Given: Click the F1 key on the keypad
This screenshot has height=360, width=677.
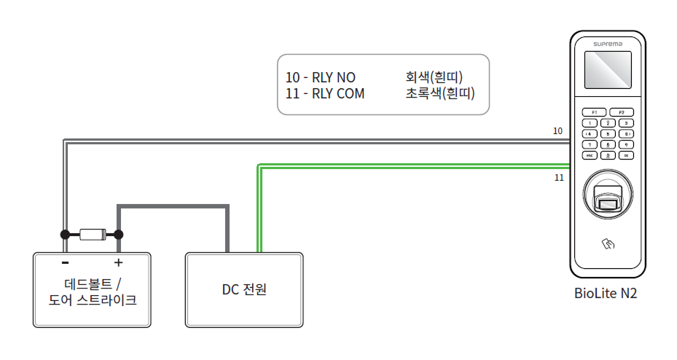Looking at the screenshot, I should pyautogui.click(x=594, y=112).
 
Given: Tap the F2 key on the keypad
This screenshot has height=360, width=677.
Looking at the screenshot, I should pyautogui.click(x=622, y=112).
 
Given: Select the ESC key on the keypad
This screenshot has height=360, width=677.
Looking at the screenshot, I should pyautogui.click(x=590, y=155).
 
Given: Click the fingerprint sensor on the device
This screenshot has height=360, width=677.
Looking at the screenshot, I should pyautogui.click(x=607, y=198).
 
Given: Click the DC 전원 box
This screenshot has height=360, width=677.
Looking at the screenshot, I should pyautogui.click(x=244, y=289).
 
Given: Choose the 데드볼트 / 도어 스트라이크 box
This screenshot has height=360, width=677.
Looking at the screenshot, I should pyautogui.click(x=92, y=289).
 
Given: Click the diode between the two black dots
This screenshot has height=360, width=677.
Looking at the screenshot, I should pyautogui.click(x=92, y=235).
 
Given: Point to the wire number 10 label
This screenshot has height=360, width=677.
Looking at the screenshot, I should pyautogui.click(x=557, y=131).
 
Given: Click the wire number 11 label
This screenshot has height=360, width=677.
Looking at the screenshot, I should pyautogui.click(x=559, y=177).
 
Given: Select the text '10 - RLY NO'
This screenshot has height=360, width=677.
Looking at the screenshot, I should pyautogui.click(x=320, y=77).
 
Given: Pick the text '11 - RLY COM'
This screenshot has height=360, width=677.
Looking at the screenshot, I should pyautogui.click(x=325, y=93).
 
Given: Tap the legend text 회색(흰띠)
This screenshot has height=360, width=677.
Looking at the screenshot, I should pyautogui.click(x=434, y=77).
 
